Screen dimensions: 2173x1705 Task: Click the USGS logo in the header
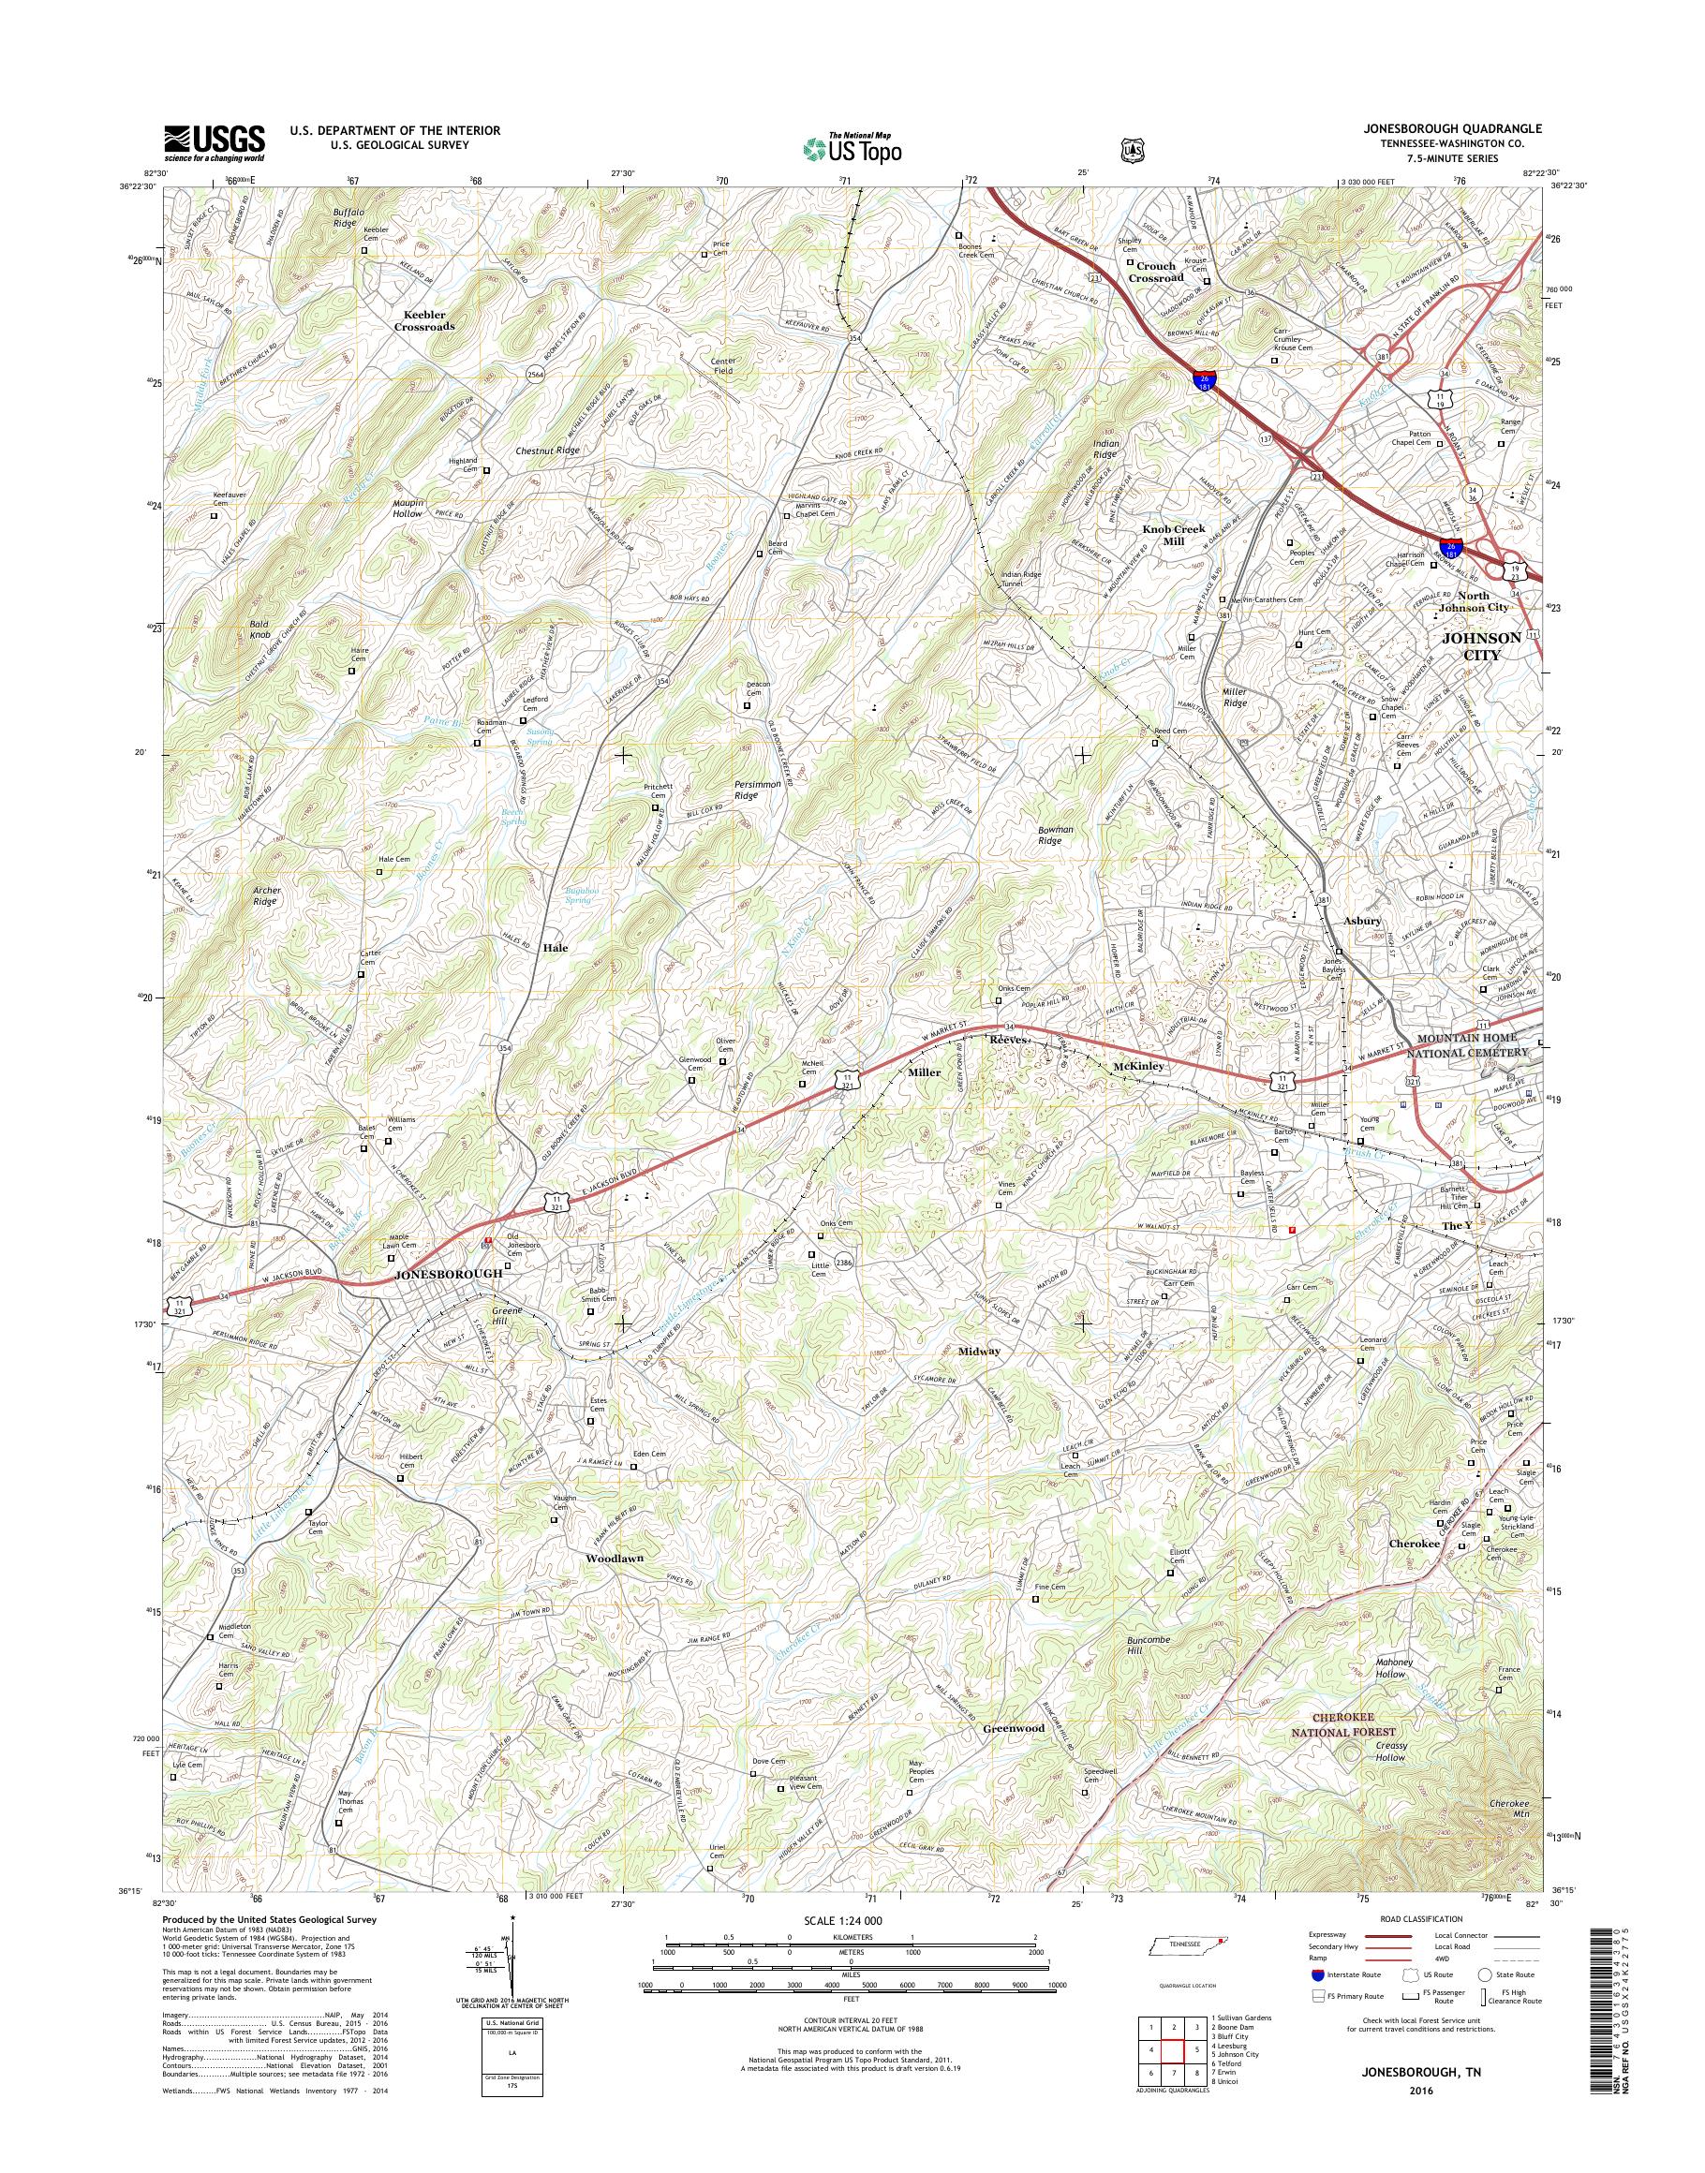coord(214,142)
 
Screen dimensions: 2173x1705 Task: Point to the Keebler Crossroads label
coord(424,319)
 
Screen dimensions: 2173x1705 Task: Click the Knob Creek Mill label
coord(1174,534)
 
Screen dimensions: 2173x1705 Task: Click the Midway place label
coord(978,1351)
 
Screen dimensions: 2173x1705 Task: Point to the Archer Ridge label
coord(264,895)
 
